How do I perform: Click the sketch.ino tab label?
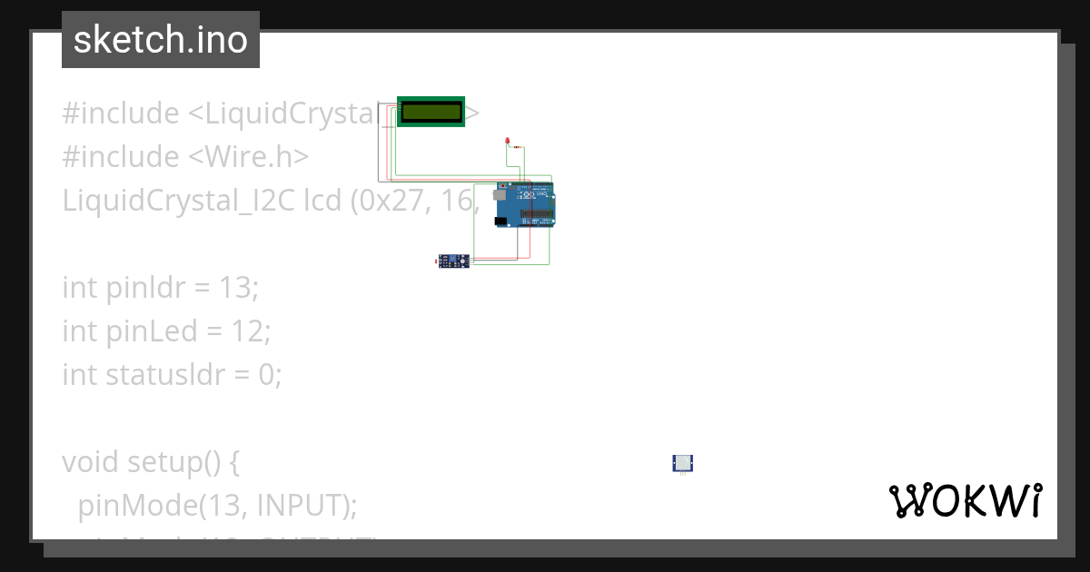(160, 40)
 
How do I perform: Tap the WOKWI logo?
(965, 500)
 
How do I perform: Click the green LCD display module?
(431, 112)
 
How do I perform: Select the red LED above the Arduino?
(507, 143)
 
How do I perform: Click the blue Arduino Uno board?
(525, 205)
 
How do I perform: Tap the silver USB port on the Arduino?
(500, 193)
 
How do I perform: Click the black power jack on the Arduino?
(500, 221)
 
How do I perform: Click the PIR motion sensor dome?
(682, 463)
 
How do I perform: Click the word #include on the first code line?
(120, 113)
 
